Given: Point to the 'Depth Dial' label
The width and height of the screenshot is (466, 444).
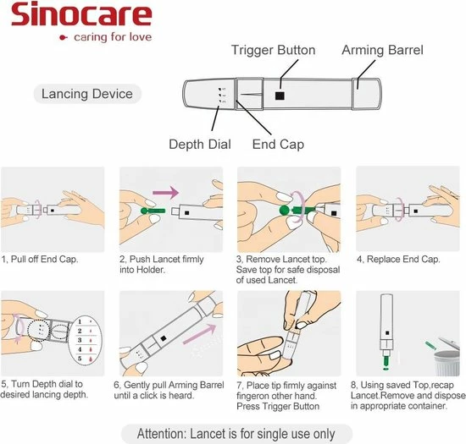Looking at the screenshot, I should point(199,144).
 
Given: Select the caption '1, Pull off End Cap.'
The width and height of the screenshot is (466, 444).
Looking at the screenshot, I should point(41,259).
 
